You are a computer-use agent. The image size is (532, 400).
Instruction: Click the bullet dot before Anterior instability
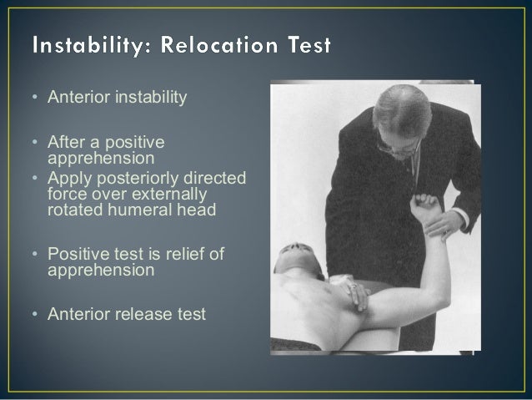pos(34,99)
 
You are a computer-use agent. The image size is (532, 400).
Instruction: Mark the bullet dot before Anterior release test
pos(34,315)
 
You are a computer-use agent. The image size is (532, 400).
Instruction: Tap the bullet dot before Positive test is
pos(34,254)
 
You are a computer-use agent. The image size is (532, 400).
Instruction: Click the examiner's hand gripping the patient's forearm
pos(450,221)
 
